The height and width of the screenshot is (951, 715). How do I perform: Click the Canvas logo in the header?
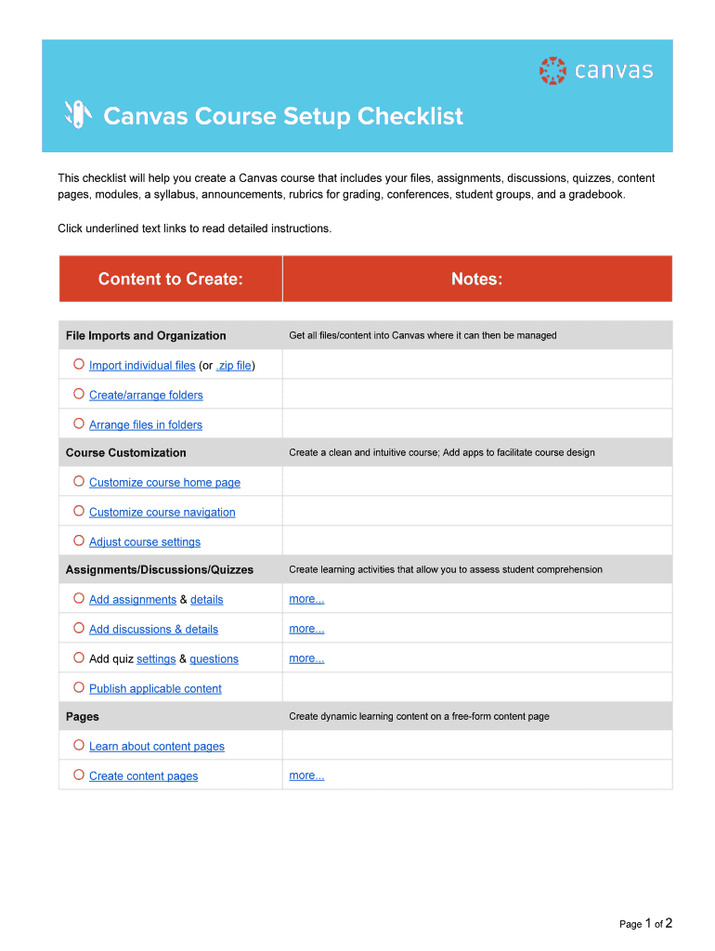(x=595, y=71)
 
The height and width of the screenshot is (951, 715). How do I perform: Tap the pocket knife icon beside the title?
(x=78, y=114)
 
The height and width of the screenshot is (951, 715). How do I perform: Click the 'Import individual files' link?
(x=142, y=366)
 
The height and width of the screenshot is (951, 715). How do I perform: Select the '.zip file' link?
(x=233, y=366)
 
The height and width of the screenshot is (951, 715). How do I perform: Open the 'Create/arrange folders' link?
(x=146, y=396)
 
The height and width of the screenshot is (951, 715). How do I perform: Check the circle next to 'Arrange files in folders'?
(x=79, y=423)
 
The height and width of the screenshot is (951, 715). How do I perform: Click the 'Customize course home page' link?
(x=164, y=483)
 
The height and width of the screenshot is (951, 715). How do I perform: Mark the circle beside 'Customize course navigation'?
(x=79, y=511)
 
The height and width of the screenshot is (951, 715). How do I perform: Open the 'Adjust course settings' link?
(x=145, y=542)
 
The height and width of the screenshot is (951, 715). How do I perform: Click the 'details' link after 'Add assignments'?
(x=206, y=600)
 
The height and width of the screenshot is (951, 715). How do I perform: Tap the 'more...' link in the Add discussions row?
(x=306, y=629)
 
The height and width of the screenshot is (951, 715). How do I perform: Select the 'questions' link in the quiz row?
(x=214, y=659)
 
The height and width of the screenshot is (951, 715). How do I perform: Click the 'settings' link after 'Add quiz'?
(x=156, y=659)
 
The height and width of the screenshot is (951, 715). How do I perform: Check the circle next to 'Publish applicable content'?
(x=79, y=687)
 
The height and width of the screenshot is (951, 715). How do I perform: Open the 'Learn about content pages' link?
(x=157, y=747)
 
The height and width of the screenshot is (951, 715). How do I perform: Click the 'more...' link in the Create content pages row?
(x=306, y=775)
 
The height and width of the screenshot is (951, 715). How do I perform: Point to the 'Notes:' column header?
(x=476, y=279)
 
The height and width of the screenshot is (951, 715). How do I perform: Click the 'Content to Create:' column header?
(x=171, y=279)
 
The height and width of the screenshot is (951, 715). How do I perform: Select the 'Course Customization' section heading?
(x=126, y=453)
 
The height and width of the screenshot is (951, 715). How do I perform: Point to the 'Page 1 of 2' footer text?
(x=645, y=923)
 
